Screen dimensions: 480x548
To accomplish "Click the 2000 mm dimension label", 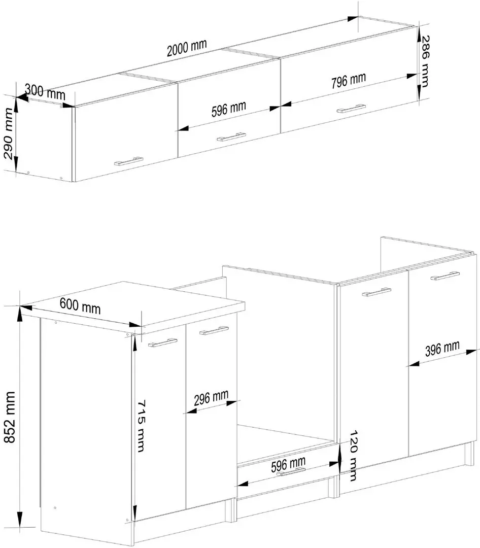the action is tap(187, 48).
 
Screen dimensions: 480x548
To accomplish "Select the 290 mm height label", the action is tap(9, 133).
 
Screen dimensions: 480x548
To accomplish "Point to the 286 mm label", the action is tap(424, 61).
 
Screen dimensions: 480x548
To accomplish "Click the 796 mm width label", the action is tap(348, 80).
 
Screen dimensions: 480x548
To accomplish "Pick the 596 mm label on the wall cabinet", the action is tap(229, 109).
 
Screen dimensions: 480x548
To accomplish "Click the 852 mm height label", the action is tap(9, 417).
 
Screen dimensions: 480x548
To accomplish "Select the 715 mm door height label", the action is tap(140, 426).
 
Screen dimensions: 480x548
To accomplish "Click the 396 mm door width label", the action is tap(442, 349).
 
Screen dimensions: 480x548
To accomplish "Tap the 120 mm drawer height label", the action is tap(353, 455).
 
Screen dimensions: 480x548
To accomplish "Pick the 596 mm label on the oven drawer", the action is tap(288, 464).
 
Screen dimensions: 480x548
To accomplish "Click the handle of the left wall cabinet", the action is tap(129, 161).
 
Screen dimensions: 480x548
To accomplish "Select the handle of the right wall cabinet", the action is tap(351, 109).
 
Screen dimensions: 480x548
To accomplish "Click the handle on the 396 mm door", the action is tap(445, 276).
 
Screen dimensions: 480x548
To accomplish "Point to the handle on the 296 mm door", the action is tap(214, 330).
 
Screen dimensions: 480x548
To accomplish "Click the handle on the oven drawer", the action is tap(291, 472).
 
